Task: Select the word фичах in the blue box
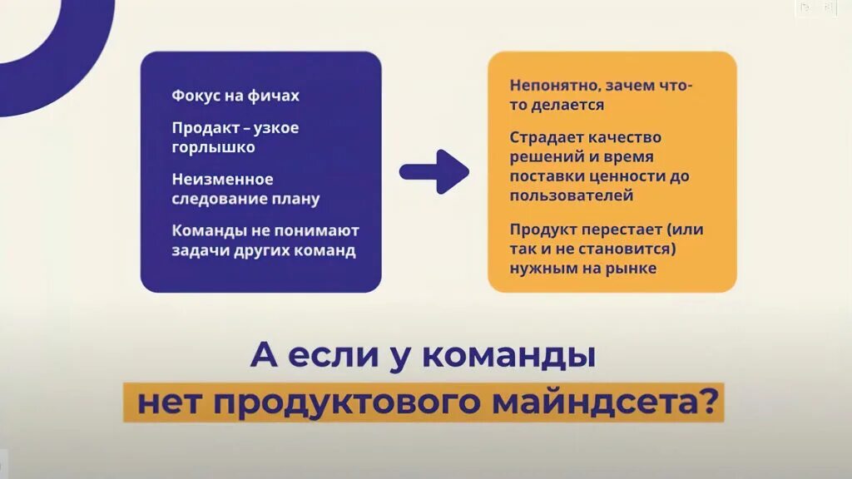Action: click(272, 96)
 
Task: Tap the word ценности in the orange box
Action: click(627, 176)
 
